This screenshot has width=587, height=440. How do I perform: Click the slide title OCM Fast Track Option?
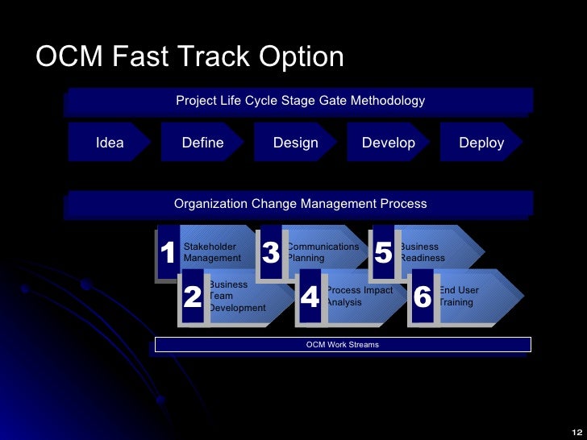pyautogui.click(x=190, y=57)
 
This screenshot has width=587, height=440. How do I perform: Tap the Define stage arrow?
pyautogui.click(x=202, y=143)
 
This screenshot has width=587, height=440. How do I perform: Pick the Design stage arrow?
pyautogui.click(x=295, y=143)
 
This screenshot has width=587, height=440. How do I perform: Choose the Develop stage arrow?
pyautogui.click(x=388, y=143)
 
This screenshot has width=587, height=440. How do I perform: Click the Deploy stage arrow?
pyautogui.click(x=481, y=143)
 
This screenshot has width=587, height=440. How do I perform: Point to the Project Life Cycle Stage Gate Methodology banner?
pyautogui.click(x=300, y=101)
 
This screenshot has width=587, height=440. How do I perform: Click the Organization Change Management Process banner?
pyautogui.click(x=300, y=204)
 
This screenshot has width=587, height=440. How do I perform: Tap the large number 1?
pyautogui.click(x=168, y=254)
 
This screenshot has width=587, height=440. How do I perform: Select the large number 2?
pyautogui.click(x=193, y=297)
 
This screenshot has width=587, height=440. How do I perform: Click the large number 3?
pyautogui.click(x=271, y=254)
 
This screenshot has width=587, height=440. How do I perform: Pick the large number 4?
pyautogui.click(x=310, y=297)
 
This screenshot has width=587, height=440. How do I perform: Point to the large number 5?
pyautogui.click(x=383, y=254)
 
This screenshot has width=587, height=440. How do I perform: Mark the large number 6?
pyautogui.click(x=423, y=297)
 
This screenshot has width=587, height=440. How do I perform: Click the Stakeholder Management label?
pyautogui.click(x=212, y=252)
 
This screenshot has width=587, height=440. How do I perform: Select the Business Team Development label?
pyautogui.click(x=236, y=297)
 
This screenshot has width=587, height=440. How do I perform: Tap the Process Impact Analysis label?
pyautogui.click(x=359, y=296)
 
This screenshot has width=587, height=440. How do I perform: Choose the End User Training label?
pyautogui.click(x=458, y=296)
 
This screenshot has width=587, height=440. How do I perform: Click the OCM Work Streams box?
pyautogui.click(x=342, y=345)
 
